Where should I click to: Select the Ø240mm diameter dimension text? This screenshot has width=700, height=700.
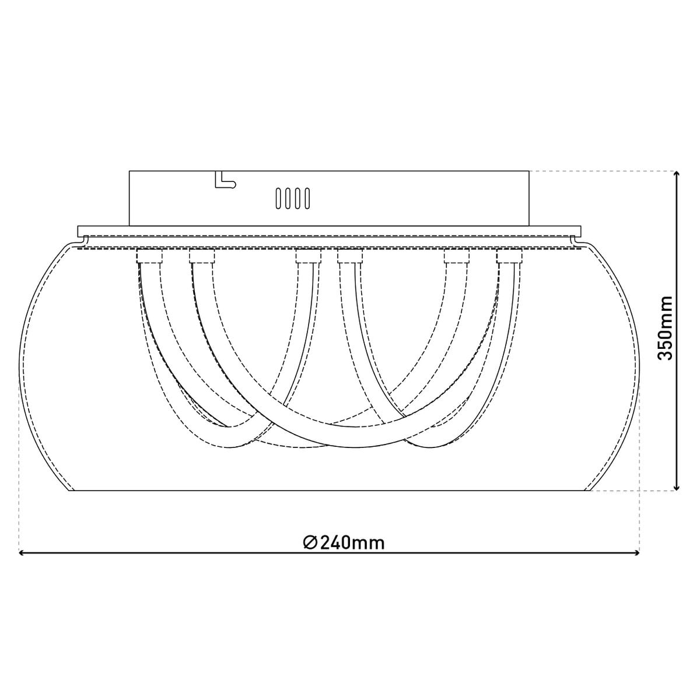point(344,542)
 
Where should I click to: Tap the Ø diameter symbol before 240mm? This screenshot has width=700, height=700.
point(310,542)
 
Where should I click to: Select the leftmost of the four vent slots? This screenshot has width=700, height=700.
point(278,198)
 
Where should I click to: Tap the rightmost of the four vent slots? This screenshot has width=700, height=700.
point(306,198)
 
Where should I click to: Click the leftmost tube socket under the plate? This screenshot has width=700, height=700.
point(149,257)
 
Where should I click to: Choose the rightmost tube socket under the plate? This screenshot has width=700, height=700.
point(509,257)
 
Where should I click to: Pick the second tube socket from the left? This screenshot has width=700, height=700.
point(201,257)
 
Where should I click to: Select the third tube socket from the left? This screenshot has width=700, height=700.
point(308,257)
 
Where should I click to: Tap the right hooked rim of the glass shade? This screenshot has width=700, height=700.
point(577,239)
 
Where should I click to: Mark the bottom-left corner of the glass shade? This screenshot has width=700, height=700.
point(71,491)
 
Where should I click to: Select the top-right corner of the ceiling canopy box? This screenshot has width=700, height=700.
point(529,171)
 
